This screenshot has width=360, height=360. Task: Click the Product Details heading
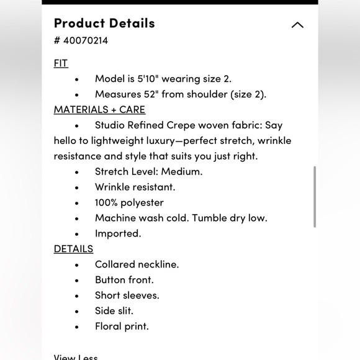104,24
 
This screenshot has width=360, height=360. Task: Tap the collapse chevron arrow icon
297,25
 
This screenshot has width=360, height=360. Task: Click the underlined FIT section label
61,63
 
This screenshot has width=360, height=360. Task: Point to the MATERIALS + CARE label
99,110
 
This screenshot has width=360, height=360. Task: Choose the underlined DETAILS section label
73,249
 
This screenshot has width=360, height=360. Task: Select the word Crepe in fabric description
181,125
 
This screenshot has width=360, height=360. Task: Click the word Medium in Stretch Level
184,171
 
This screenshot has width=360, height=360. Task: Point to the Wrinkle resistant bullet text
135,187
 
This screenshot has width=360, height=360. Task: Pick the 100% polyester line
129,202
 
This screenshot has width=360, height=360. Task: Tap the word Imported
118,233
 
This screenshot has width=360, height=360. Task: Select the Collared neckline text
137,264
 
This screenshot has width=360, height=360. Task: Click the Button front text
124,280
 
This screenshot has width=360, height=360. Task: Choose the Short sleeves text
127,295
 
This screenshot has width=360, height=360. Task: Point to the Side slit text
114,311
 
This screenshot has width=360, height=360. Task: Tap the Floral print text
122,326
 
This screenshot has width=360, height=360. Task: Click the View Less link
76,357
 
